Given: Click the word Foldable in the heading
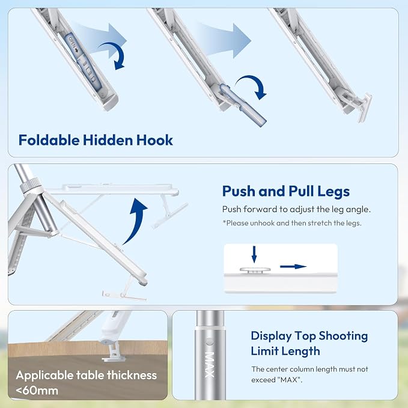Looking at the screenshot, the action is [x=49, y=140].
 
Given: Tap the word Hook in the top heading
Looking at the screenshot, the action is [x=154, y=140].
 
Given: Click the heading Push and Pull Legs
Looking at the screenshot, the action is [x=285, y=192].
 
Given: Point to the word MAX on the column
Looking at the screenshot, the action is [x=210, y=365].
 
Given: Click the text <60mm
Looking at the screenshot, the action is [x=37, y=391].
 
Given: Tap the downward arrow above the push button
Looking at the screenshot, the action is [x=254, y=255].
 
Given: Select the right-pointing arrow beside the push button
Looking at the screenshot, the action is [x=293, y=266].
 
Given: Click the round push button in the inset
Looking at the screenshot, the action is [x=255, y=270].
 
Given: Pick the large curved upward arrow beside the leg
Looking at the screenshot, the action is [x=135, y=221].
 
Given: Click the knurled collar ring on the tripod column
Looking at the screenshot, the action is [x=31, y=184].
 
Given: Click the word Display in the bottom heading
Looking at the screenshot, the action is [x=271, y=336].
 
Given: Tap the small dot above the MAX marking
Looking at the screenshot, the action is [x=209, y=341].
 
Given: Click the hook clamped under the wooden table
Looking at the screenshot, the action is [x=113, y=352].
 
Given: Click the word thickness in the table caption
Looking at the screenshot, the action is [x=132, y=375].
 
